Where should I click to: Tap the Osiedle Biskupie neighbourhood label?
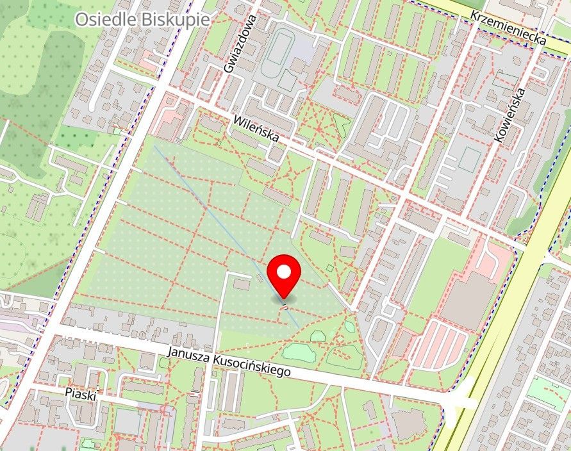pos(142,19)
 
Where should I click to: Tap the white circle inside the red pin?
pos(284,272)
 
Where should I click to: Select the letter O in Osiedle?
pos(81,19)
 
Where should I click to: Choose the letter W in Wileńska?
pos(238,119)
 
